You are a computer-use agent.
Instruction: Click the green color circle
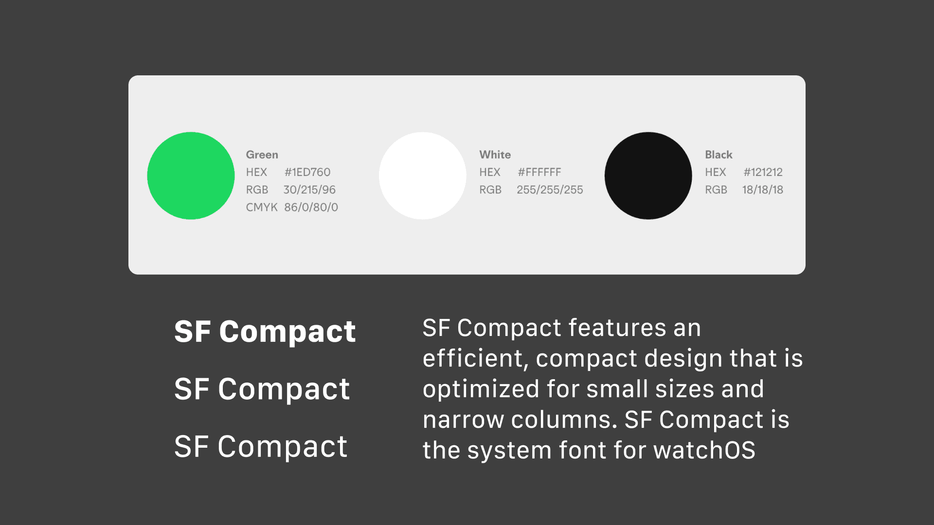tap(191, 175)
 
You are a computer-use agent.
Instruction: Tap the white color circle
tap(422, 175)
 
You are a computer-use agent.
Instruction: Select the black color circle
tap(648, 175)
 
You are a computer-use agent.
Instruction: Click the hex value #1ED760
tap(307, 172)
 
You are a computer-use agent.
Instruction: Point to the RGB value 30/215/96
tap(309, 190)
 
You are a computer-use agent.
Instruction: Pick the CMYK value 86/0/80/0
tap(311, 207)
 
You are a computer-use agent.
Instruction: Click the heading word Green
tap(262, 155)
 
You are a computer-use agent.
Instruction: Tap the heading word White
tap(495, 155)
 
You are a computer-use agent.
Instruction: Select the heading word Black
tap(718, 155)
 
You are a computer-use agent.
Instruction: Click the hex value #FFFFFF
tap(539, 172)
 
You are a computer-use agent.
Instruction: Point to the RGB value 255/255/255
tap(550, 190)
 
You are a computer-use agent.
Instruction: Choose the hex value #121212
tap(763, 172)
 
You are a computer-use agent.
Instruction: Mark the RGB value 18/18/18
tap(762, 190)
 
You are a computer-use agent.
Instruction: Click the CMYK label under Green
tap(262, 207)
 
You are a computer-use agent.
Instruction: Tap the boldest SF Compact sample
tap(265, 332)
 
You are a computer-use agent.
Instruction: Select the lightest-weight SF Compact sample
tap(261, 447)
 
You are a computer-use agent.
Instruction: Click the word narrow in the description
tap(463, 420)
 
